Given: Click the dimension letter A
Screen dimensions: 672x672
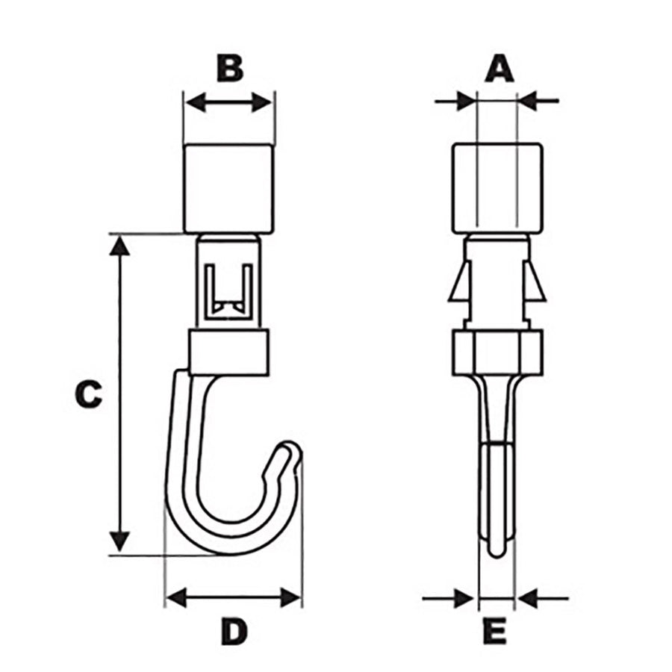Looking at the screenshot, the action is (500, 69).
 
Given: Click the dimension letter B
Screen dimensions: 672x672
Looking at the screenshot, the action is (230, 68).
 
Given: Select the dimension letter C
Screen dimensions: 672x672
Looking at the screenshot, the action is (88, 393).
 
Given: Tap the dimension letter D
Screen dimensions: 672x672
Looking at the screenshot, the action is (234, 631).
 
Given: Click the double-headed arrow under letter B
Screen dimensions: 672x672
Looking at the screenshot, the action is (229, 102).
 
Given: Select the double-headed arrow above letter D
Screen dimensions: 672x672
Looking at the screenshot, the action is (234, 597).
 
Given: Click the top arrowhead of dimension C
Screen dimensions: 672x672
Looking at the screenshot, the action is (119, 245).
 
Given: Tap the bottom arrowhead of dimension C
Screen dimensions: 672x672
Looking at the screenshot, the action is (119, 542).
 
